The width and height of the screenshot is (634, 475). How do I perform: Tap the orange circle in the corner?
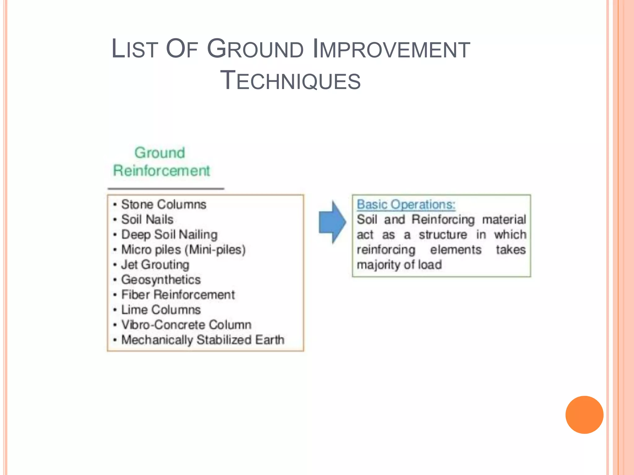click(x=584, y=415)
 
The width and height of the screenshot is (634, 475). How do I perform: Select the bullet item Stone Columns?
click(x=163, y=204)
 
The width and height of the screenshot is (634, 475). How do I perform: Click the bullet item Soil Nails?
click(x=147, y=220)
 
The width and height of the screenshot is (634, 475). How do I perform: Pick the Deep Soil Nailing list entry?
click(x=169, y=235)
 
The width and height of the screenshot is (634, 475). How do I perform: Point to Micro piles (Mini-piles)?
click(x=183, y=250)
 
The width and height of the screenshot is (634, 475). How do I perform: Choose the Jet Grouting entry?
click(x=155, y=265)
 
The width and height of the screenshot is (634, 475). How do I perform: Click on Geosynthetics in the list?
click(x=161, y=280)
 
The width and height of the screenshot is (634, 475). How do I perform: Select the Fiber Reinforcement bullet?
click(x=178, y=295)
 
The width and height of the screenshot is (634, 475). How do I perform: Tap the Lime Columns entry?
click(x=161, y=310)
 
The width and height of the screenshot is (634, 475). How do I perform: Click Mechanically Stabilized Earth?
click(x=203, y=340)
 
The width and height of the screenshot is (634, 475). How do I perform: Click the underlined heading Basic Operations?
click(x=406, y=204)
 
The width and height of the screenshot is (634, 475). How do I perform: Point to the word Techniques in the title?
click(x=290, y=80)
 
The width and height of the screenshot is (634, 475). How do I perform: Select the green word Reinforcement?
click(x=161, y=171)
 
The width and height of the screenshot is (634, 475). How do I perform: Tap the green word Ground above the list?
click(x=160, y=153)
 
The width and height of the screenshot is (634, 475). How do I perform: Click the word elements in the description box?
click(x=456, y=250)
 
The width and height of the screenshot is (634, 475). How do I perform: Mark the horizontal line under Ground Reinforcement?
click(x=166, y=189)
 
